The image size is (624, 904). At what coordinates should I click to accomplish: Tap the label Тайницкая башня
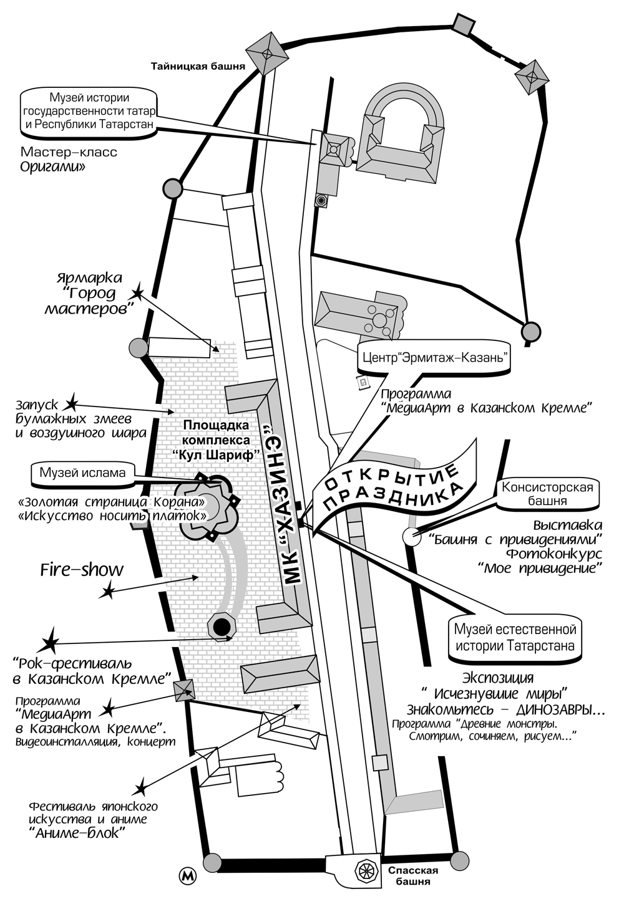click(198, 66)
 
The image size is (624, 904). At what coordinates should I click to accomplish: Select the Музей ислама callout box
click(83, 473)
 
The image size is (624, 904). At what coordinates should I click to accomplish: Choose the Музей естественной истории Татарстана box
click(515, 637)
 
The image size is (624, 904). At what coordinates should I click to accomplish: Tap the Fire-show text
click(82, 570)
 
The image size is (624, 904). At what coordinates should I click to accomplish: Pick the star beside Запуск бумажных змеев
click(72, 402)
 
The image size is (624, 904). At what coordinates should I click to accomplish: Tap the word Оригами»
click(52, 166)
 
